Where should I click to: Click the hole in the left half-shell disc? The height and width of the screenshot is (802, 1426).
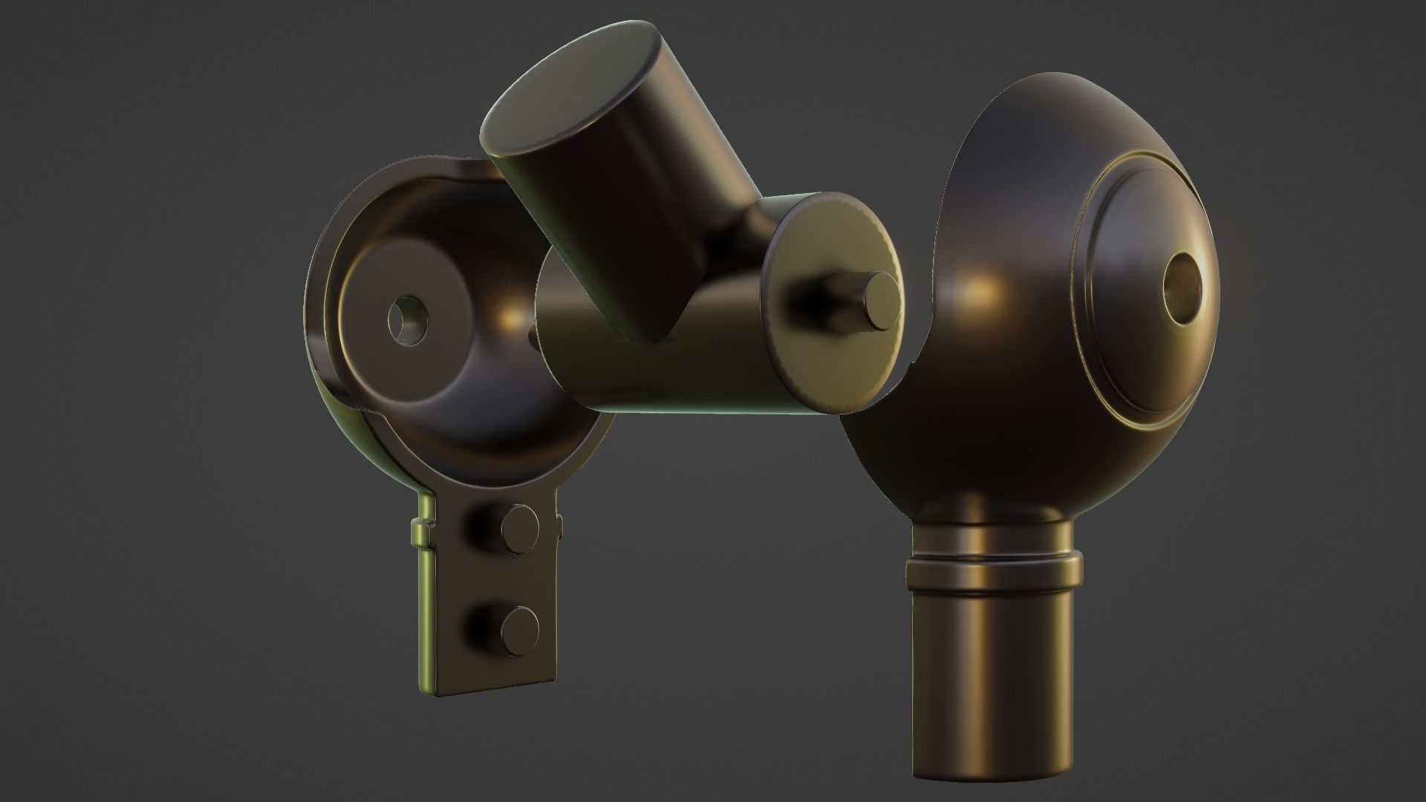pyautogui.click(x=407, y=321)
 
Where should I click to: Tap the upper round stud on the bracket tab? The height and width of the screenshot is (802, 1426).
pyautogui.click(x=519, y=528)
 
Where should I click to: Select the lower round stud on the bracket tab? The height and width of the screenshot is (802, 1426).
pyautogui.click(x=519, y=630)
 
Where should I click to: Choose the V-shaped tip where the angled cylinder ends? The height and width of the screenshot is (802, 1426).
pyautogui.click(x=657, y=334)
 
